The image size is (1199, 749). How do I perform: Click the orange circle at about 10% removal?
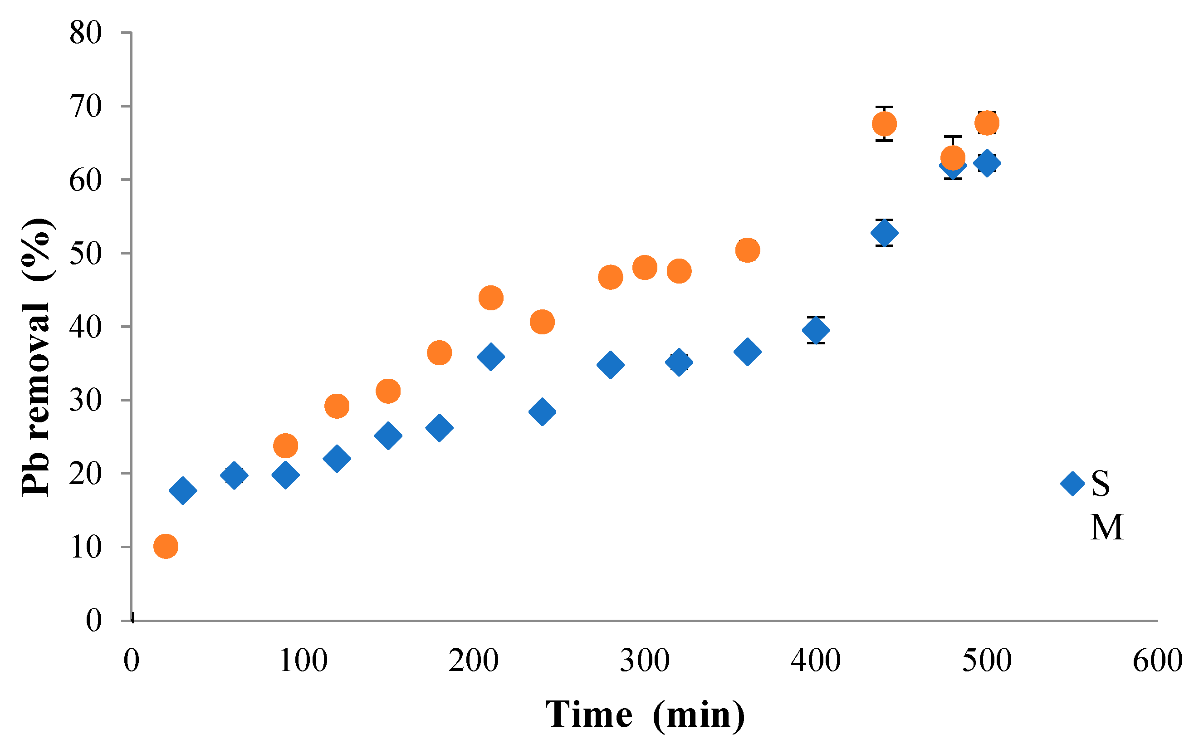point(166,546)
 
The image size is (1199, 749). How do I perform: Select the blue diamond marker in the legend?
point(1072,483)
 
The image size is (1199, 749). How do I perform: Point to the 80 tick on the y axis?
point(86,34)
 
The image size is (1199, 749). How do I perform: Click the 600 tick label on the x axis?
point(1157,661)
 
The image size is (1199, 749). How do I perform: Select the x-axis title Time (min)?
point(645,715)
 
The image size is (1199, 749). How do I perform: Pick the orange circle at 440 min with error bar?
point(884,123)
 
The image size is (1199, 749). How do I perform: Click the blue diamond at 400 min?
point(816,330)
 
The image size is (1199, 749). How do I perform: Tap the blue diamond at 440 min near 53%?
point(884,232)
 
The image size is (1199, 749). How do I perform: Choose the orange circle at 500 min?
point(987,122)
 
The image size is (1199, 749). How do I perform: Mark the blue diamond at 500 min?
point(987,163)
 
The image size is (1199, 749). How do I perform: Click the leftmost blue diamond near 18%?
point(183,490)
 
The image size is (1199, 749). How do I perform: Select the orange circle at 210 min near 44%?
point(491,298)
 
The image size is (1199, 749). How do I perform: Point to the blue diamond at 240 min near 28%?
point(542,411)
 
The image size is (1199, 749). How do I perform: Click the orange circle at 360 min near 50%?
point(747,250)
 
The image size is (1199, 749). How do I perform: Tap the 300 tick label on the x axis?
point(644,661)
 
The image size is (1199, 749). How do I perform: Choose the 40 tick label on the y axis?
point(86,327)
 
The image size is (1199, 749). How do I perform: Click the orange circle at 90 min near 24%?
point(285,445)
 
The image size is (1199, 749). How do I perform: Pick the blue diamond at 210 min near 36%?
point(491,357)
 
